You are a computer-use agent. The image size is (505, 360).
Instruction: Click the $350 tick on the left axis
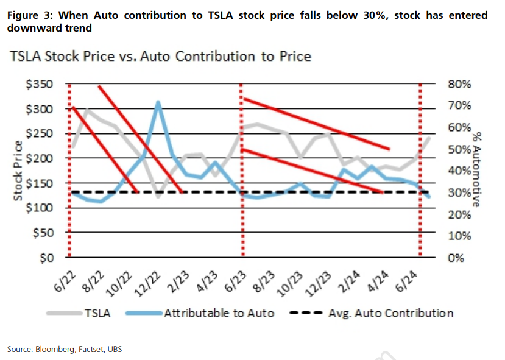click(x=41, y=84)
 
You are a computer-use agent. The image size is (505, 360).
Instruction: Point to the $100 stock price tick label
click(x=41, y=208)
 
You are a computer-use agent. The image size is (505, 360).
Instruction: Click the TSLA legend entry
click(x=99, y=314)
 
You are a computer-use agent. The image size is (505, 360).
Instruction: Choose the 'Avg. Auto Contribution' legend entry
click(x=390, y=314)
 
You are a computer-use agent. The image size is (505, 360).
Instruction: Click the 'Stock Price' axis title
click(x=19, y=171)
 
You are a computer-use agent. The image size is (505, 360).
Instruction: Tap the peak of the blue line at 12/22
click(x=158, y=102)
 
